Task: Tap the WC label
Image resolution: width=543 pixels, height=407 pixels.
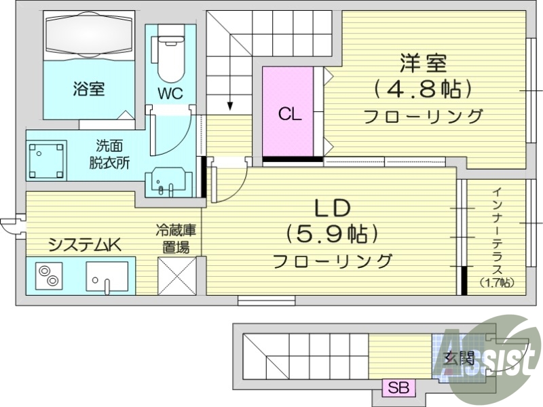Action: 171,94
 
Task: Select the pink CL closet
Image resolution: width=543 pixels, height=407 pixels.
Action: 289,113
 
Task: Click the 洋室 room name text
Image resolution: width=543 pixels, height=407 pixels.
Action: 423,64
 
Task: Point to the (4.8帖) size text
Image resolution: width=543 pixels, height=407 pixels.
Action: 422,89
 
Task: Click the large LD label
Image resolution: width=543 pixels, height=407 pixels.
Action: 331,206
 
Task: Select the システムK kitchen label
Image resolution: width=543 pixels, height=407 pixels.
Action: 83,244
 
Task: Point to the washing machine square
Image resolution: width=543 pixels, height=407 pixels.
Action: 46,161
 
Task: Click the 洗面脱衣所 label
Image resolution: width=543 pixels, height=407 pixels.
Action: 109,153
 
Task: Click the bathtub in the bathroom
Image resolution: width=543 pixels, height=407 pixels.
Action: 90,36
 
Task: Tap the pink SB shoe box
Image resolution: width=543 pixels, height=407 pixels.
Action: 398,389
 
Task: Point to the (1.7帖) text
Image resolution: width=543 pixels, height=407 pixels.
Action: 496,282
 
